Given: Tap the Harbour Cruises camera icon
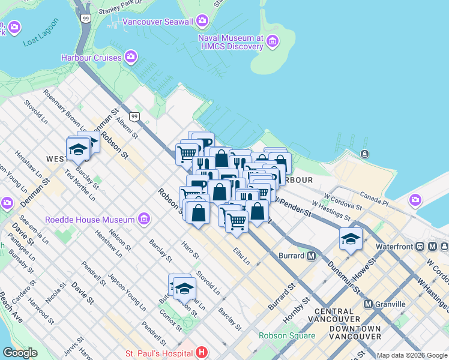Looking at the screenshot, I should (x=131, y=58).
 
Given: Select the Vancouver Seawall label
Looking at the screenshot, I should (x=158, y=22).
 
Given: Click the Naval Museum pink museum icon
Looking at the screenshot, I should (x=273, y=41).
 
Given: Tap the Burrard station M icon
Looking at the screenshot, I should (x=311, y=256).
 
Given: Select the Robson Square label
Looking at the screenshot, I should (x=287, y=335).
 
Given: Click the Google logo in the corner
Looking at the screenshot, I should (x=20, y=353).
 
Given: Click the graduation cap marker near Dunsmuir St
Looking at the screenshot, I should (x=351, y=239).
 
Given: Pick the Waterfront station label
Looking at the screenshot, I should (x=396, y=247).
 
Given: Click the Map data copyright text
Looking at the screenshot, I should (x=411, y=355).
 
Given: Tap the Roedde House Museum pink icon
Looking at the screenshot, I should (x=143, y=220).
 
